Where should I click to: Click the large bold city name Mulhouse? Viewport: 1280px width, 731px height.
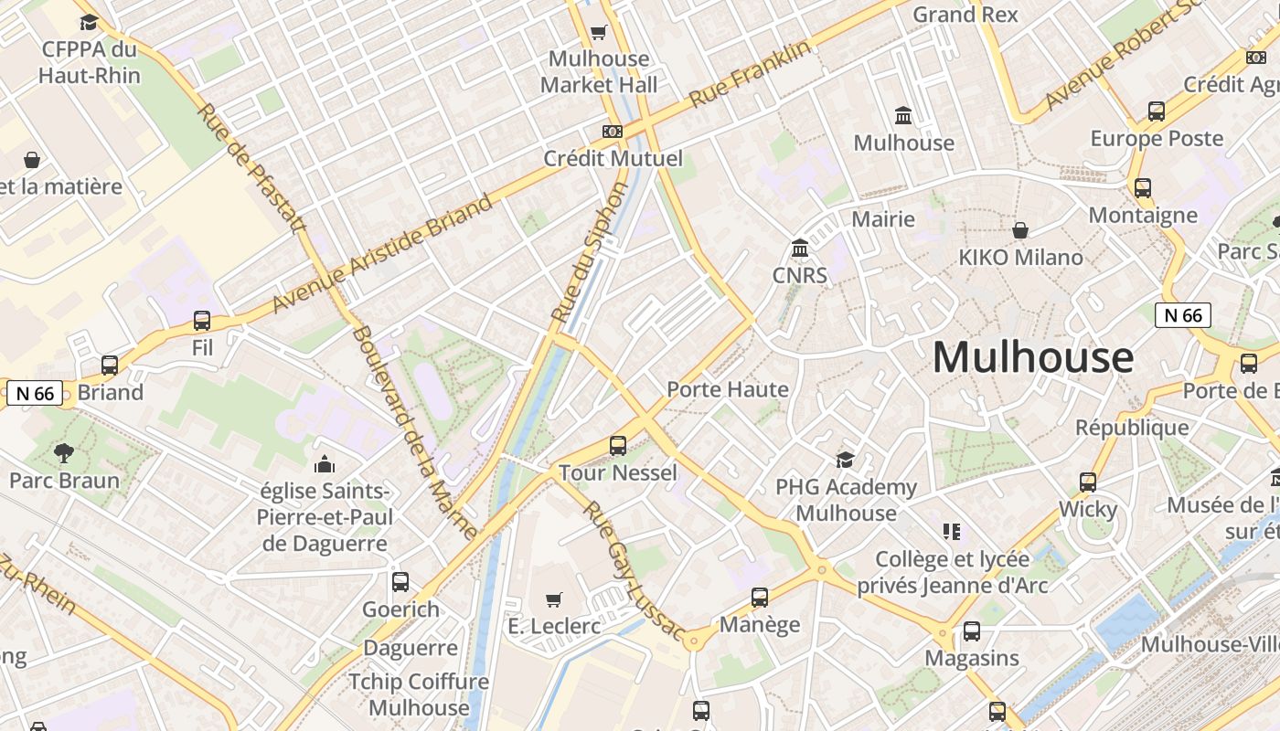(x=1033, y=357)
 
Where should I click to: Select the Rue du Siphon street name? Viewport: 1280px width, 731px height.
(x=591, y=251)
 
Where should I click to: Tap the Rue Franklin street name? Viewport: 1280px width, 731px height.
(x=751, y=74)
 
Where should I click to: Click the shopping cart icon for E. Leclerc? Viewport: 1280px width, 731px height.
(x=553, y=599)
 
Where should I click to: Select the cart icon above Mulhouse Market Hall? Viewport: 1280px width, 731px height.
(x=598, y=33)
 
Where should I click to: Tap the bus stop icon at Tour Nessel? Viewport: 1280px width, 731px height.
(x=618, y=446)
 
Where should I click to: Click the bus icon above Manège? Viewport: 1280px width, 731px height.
(x=760, y=598)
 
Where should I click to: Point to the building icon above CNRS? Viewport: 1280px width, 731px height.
(x=800, y=248)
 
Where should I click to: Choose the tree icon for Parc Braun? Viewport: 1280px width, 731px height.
(x=64, y=452)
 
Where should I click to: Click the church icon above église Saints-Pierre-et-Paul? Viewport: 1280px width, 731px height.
(x=325, y=464)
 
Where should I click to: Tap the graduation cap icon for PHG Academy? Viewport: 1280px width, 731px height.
(x=845, y=459)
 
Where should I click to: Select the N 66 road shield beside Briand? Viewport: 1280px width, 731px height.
(x=36, y=394)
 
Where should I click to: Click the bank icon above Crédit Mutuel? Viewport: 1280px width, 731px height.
(x=613, y=132)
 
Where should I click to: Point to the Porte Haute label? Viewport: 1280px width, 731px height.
(x=728, y=389)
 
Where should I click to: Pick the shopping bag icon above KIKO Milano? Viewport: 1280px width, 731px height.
(x=1019, y=230)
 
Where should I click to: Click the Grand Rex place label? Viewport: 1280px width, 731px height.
(x=965, y=15)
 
